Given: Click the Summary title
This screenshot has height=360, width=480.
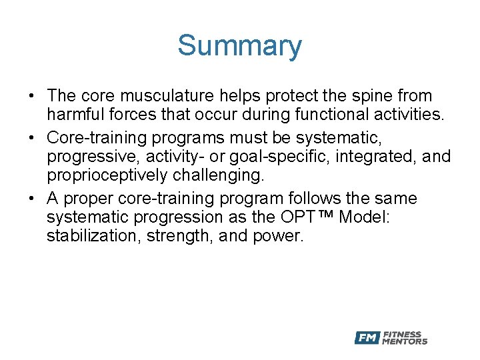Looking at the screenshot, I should point(239,46).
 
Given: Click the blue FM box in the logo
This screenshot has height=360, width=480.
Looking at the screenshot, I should point(367,338).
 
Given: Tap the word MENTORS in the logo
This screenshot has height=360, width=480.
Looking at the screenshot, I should point(405,341).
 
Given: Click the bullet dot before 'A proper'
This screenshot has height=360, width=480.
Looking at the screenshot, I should point(32,199).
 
